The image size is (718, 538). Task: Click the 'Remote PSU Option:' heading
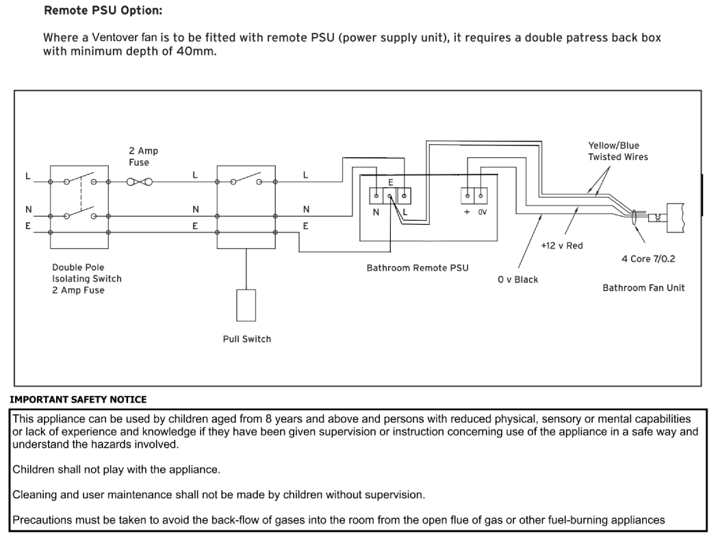[x=103, y=10]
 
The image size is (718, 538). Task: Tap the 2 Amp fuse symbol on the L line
[x=139, y=182]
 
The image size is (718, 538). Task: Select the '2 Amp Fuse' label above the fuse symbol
[x=143, y=157]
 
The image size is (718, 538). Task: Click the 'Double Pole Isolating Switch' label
[x=86, y=273]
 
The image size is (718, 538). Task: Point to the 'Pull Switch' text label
[x=247, y=339]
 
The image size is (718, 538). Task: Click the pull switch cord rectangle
[x=246, y=306]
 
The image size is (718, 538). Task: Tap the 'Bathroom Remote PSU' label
[x=418, y=268]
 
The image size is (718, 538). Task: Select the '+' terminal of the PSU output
[x=467, y=196]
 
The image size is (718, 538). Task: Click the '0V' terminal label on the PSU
[x=482, y=213]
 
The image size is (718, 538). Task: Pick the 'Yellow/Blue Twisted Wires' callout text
[x=617, y=151]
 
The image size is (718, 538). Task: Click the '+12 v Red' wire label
[x=562, y=245]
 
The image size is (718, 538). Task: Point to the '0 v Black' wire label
[x=518, y=280]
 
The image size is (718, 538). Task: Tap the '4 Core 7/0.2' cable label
[x=648, y=259]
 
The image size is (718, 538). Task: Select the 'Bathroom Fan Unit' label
[x=643, y=288]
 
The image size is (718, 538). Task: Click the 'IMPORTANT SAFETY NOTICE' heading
[x=78, y=400]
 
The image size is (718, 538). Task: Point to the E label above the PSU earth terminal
[x=391, y=183]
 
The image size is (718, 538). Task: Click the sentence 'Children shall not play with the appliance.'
[x=116, y=470]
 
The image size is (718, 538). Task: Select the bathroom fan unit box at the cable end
[x=676, y=219]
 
